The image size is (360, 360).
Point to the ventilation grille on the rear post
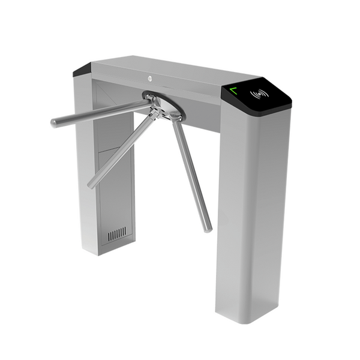[117, 233]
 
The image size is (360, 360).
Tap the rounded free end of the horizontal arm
[55, 122]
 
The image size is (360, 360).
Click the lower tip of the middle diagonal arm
[91, 184]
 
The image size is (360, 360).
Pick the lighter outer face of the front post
[264, 210]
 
